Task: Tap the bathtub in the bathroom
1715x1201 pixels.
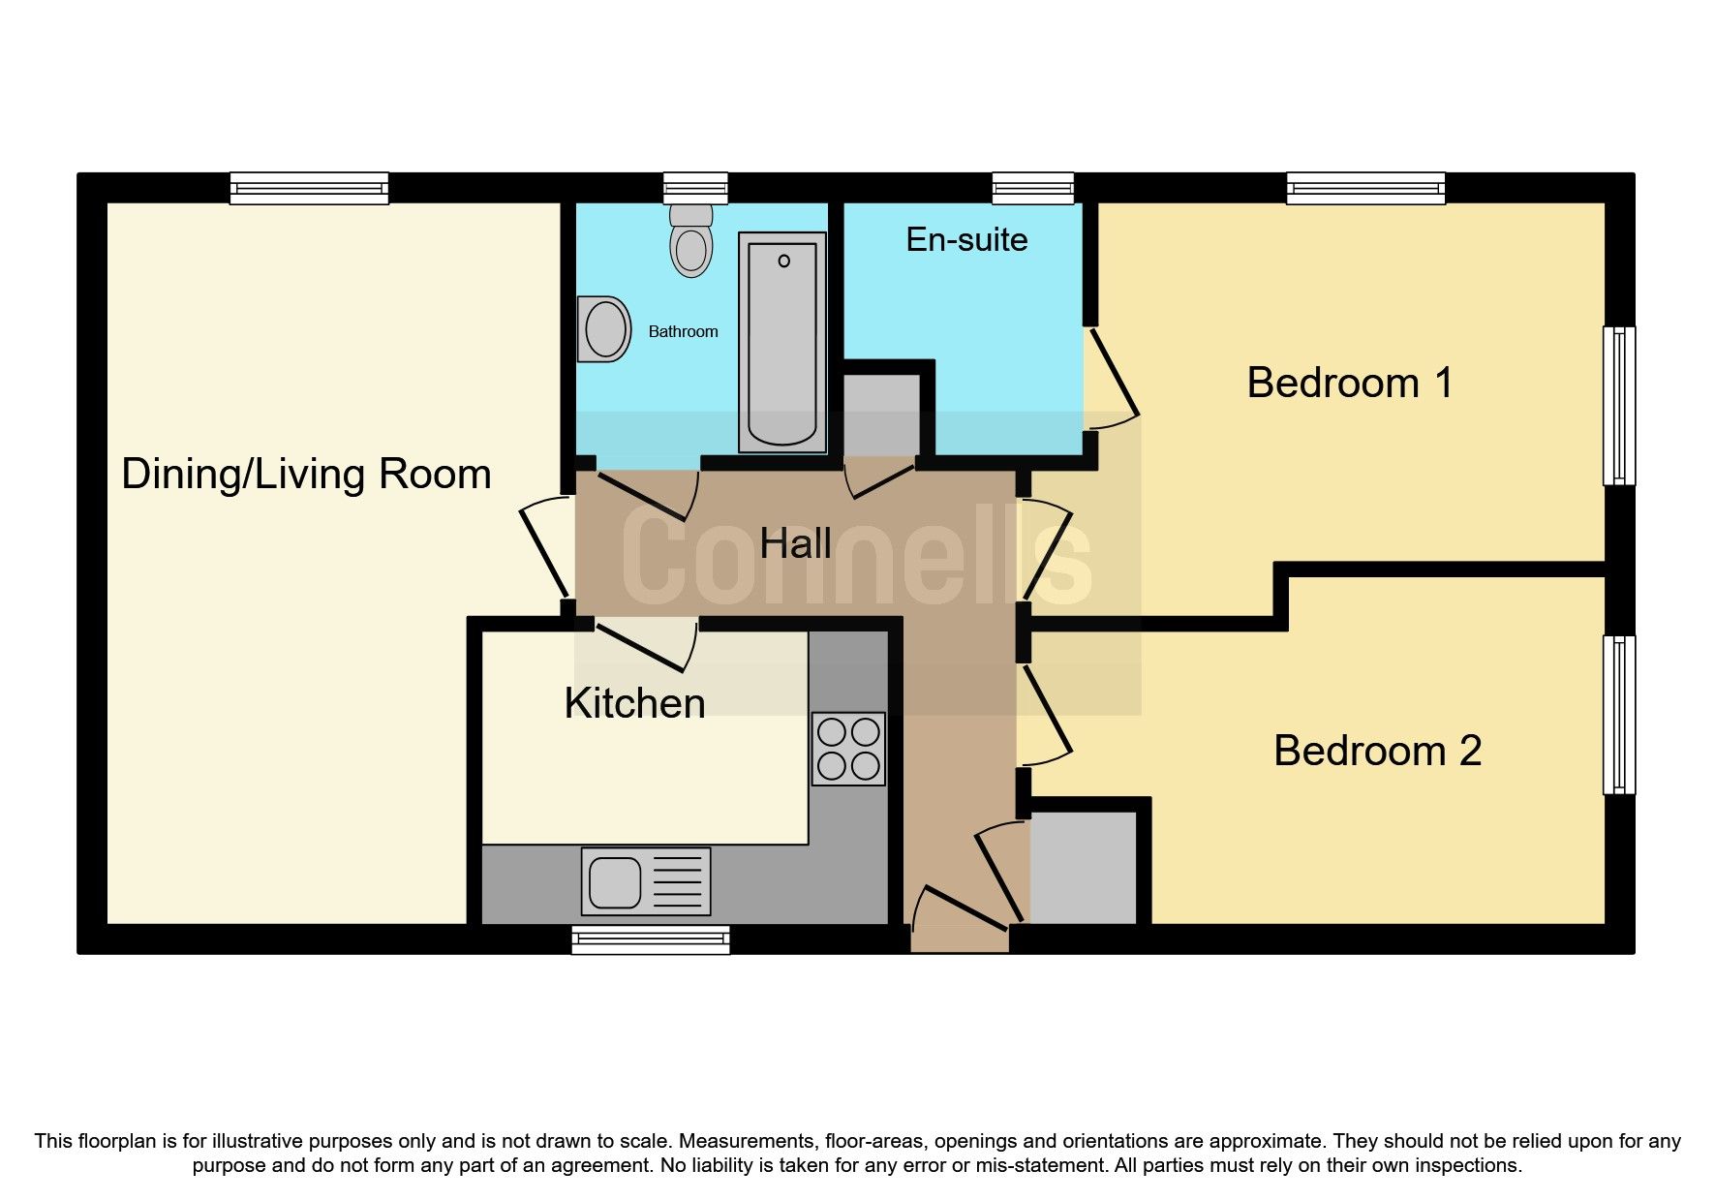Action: [781, 342]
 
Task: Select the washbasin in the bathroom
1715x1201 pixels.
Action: [604, 329]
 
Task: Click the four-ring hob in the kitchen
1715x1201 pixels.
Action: [848, 749]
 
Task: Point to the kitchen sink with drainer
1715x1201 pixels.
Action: [645, 881]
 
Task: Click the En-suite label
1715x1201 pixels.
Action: [966, 239]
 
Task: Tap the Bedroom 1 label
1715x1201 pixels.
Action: [1349, 383]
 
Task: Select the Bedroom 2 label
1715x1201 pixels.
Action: [1376, 751]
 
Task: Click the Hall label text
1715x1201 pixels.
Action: [795, 543]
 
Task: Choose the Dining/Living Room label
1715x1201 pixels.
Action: [306, 475]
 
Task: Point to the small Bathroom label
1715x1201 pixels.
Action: [683, 331]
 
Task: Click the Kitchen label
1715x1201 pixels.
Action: [634, 703]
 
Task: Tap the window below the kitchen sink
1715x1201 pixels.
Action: [650, 939]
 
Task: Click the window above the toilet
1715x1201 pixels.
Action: [695, 187]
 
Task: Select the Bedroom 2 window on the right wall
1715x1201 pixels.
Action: [1618, 715]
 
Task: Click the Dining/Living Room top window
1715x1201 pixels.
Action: [309, 187]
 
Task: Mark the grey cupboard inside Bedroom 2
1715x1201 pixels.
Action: [1083, 868]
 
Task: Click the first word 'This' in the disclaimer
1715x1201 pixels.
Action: [54, 1141]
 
